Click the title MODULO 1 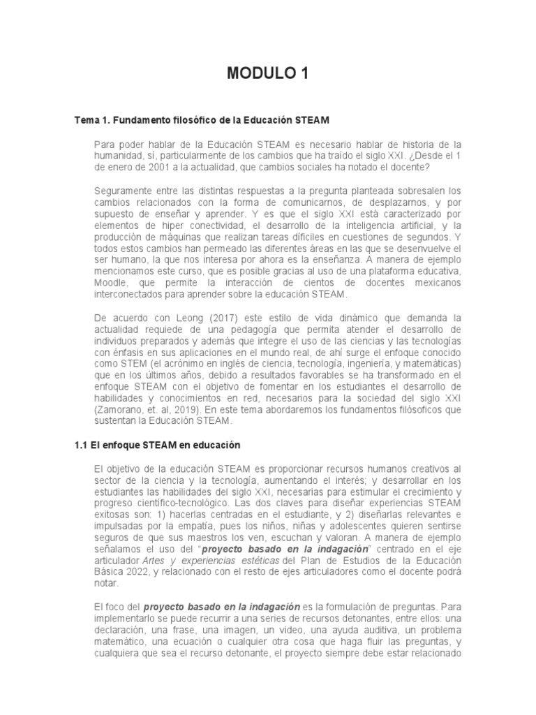pos(267,73)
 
